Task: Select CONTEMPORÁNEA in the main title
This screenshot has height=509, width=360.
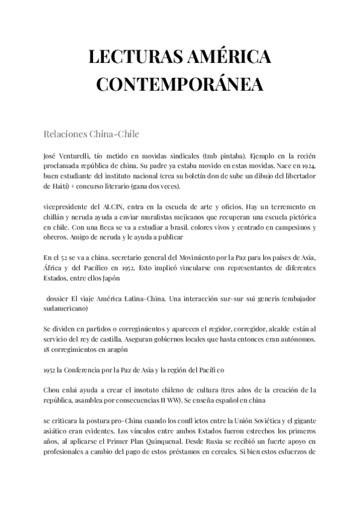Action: coord(179,84)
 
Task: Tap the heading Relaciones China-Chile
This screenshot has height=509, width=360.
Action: coord(92,133)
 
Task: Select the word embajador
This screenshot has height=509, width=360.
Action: coord(296,299)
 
